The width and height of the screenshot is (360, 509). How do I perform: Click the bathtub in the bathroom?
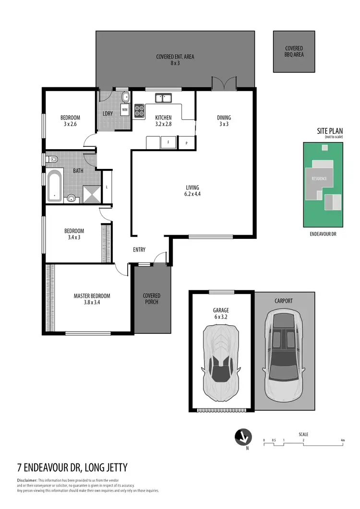(55, 185)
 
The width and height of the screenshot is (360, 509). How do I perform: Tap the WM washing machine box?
(125, 109)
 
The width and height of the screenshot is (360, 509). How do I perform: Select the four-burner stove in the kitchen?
(139, 111)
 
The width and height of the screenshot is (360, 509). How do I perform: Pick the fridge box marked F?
(168, 142)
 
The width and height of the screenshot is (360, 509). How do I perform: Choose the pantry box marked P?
(186, 142)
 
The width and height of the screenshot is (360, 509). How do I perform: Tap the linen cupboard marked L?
(107, 187)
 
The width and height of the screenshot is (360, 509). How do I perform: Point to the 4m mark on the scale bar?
(343, 440)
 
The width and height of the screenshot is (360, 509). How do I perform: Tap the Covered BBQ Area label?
(294, 51)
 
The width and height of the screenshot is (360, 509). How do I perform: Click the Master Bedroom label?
(92, 299)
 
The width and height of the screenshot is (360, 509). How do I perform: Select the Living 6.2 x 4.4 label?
(192, 191)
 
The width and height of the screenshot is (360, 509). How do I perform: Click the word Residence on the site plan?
(319, 178)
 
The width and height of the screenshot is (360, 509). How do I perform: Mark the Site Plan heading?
(329, 131)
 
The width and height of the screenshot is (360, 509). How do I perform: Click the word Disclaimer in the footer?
(26, 480)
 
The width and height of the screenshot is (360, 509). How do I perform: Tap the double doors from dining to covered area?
(224, 83)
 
